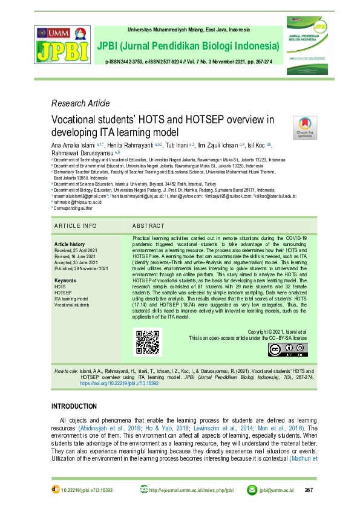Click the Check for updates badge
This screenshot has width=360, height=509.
point(304,128)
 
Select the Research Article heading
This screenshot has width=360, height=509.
point(80,103)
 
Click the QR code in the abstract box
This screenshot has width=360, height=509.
point(148,342)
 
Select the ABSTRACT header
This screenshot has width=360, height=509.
point(148,225)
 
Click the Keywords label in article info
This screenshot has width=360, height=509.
point(65,281)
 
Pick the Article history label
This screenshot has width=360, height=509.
point(70,244)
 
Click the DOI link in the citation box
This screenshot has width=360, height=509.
point(119,383)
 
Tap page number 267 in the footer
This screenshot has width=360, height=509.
point(309,490)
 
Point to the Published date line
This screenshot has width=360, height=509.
point(81,268)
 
